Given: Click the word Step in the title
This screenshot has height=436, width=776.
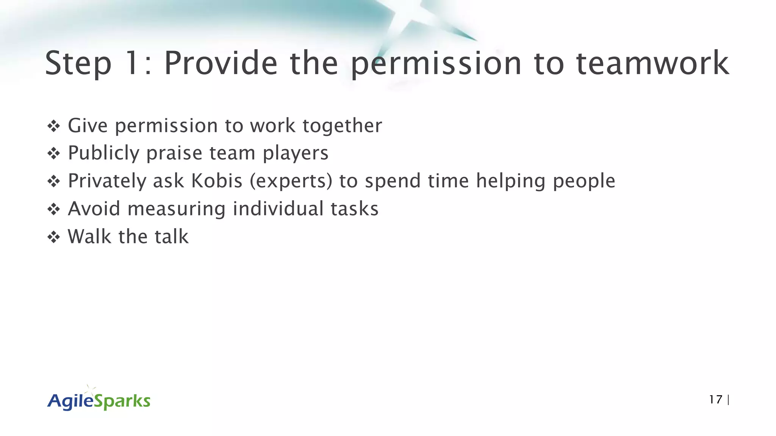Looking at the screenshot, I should point(78,63).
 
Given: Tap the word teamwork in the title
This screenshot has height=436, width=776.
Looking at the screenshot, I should point(652,63).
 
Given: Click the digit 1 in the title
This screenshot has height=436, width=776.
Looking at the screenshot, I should point(131,63).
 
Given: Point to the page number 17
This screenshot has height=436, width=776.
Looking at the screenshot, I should point(715,400).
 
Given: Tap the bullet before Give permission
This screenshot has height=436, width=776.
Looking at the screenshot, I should point(53,126).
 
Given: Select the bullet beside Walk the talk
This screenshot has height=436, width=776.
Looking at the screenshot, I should point(53,238).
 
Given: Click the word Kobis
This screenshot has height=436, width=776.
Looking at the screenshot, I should point(216,181).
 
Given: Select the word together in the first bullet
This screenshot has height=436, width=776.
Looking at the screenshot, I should point(342,126).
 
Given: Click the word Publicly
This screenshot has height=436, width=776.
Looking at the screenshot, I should point(104,154).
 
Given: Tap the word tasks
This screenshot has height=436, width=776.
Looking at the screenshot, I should point(355,209).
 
